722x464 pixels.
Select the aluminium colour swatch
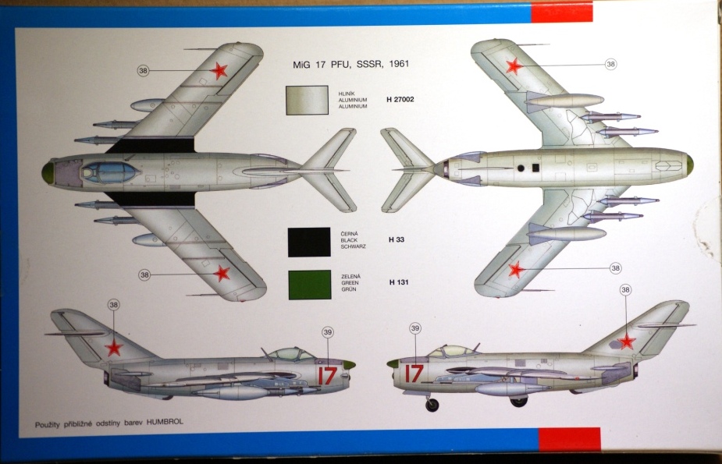(307, 100)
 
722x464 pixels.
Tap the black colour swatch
(307, 243)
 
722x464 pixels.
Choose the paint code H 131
(398, 282)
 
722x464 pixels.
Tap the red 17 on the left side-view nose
(327, 375)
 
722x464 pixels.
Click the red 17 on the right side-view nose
(413, 374)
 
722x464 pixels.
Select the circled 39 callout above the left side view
(327, 332)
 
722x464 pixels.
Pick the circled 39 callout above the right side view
(415, 328)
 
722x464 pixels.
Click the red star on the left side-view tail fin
(114, 348)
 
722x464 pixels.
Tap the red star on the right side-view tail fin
(628, 342)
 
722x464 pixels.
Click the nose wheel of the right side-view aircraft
(432, 405)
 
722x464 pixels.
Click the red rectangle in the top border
(561, 12)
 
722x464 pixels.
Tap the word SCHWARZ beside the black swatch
(349, 245)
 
